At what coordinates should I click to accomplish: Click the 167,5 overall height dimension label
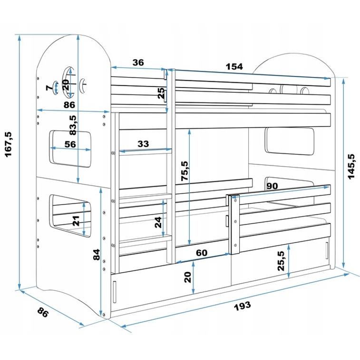coord(9,145)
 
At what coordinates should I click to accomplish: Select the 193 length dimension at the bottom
coord(242,306)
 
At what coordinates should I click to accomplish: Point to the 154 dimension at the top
coord(234,67)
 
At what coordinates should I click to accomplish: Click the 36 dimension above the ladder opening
coord(138,62)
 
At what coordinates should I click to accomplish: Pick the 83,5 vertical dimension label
coord(73,125)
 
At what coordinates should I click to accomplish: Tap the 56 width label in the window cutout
coord(70,145)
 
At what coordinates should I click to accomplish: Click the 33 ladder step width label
coord(143,144)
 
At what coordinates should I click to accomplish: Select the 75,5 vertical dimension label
coord(185,171)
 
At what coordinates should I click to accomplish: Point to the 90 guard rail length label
coord(272,186)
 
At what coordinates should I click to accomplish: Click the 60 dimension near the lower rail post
coord(202,253)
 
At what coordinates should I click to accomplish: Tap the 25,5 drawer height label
coord(281,261)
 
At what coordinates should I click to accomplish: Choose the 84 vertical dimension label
coord(97,254)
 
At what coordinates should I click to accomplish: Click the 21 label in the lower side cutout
coord(76,221)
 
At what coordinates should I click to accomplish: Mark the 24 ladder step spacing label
coord(158,222)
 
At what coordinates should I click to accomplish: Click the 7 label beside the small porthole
coord(49,88)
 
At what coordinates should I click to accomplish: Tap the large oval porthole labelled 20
coord(69,82)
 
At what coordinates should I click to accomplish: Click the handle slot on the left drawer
coord(115,292)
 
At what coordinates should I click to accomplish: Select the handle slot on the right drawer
coord(327,251)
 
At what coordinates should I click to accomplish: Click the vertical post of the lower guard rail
coord(235,224)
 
